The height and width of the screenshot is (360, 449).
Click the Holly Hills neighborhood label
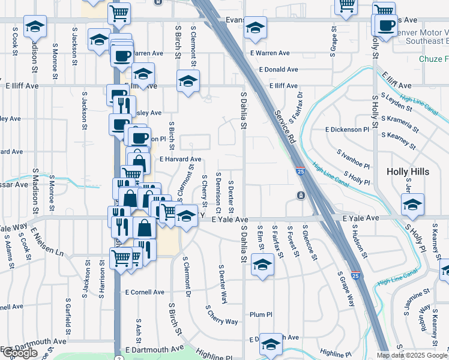click(x=408, y=172)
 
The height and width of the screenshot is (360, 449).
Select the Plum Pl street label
click(x=261, y=314)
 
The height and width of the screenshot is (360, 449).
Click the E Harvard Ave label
click(x=180, y=159)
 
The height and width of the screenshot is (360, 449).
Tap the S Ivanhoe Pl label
click(x=354, y=160)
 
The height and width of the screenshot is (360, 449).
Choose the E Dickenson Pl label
click(x=348, y=130)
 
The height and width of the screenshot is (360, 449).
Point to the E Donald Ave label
click(x=279, y=70)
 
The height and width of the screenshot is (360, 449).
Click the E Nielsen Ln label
click(x=47, y=243)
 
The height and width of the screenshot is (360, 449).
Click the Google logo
click(x=20, y=353)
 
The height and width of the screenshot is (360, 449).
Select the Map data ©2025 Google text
click(x=412, y=355)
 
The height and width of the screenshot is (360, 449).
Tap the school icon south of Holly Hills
click(x=412, y=203)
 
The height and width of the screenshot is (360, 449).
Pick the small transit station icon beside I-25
click(x=300, y=195)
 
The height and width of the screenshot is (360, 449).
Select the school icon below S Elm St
click(x=262, y=264)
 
